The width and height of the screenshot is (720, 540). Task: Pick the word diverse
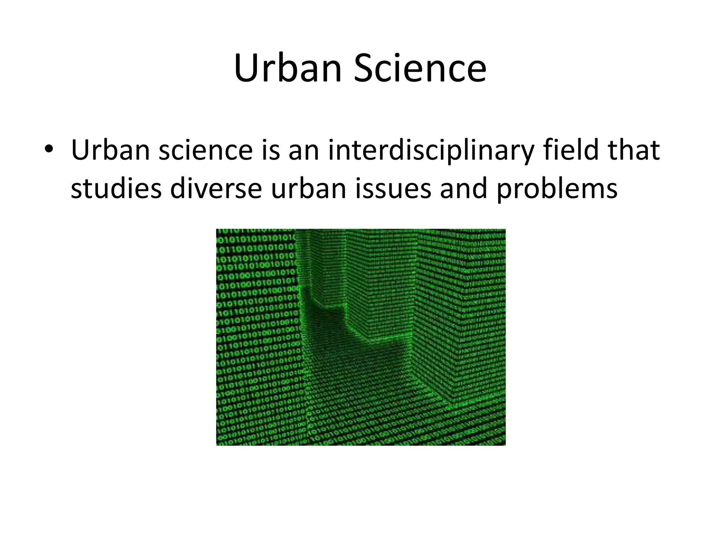pyautogui.click(x=216, y=188)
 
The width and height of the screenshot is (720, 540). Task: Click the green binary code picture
pyautogui.click(x=361, y=337)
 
